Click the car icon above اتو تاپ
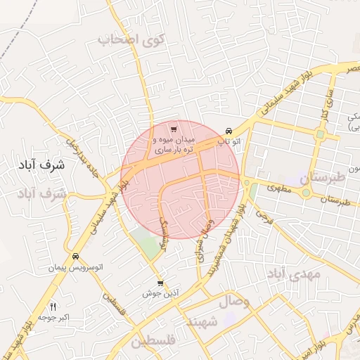click(229, 131)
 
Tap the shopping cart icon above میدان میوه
click(174, 129)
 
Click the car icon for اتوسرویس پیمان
click(75, 256)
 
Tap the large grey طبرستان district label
click(323, 179)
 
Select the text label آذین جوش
click(159, 293)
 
